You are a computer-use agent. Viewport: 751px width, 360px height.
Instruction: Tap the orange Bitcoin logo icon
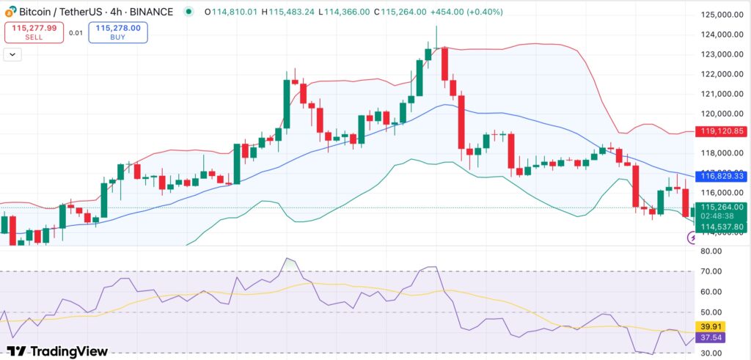[x=9, y=12]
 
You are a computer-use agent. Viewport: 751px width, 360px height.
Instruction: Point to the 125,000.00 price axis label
[x=718, y=15]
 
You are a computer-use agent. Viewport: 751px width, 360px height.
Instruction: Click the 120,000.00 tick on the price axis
[x=718, y=114]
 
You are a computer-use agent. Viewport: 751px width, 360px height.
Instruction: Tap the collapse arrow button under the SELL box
[x=12, y=54]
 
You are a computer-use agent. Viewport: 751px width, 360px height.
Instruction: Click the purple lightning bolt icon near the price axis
[x=692, y=238]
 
